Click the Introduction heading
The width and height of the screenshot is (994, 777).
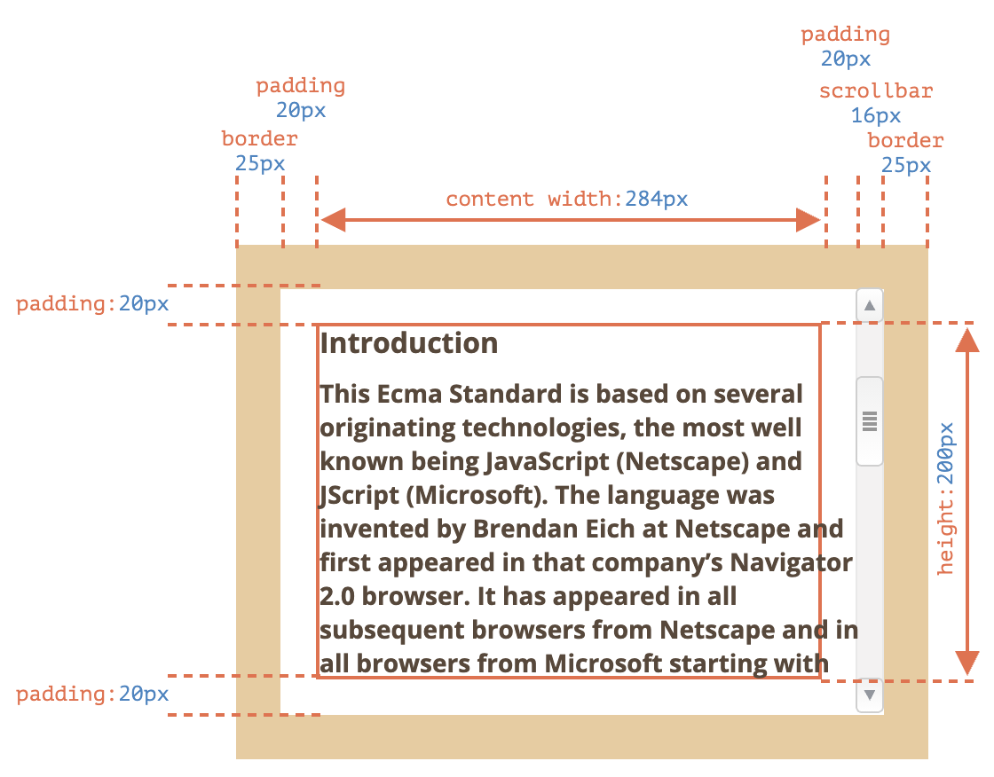coord(409,343)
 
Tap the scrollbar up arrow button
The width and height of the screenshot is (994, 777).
coord(870,306)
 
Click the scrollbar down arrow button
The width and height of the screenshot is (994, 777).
coord(870,695)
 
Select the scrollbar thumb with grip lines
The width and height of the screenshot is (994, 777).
coord(870,421)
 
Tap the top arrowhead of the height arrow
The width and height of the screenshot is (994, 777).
coord(966,341)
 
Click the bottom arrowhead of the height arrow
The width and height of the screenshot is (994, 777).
coord(966,663)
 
